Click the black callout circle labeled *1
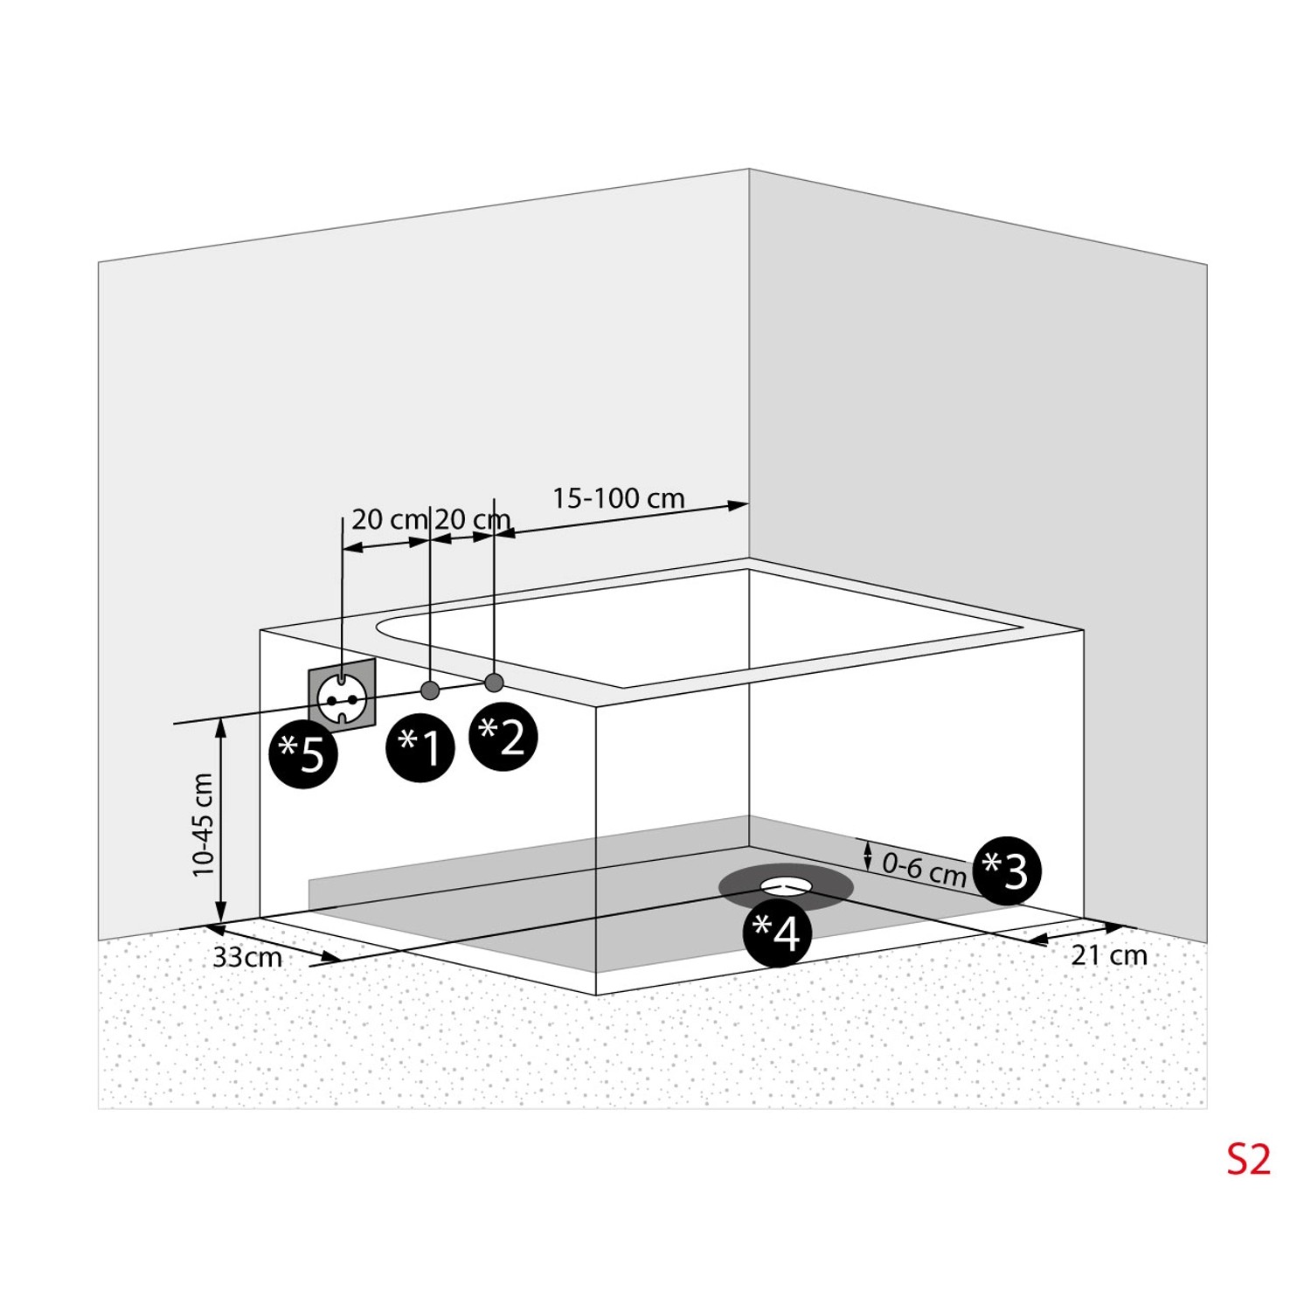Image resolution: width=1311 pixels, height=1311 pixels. tap(420, 748)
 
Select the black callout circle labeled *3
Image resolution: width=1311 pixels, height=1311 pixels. tap(1007, 871)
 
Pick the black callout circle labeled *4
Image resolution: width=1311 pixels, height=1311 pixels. tap(777, 933)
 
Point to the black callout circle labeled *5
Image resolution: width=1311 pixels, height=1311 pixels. tap(303, 755)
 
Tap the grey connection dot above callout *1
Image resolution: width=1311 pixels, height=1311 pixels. tap(429, 690)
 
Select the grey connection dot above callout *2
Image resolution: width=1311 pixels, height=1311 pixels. tap(494, 682)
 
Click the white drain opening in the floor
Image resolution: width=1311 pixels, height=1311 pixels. tap(787, 884)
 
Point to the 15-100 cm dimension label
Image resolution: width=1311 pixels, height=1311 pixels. tap(618, 498)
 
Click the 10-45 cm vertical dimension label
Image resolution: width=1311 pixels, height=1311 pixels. tap(203, 824)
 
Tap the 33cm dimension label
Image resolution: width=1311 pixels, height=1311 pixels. tap(247, 957)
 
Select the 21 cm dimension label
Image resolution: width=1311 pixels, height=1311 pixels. tap(1109, 955)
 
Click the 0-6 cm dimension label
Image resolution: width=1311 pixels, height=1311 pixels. tap(923, 869)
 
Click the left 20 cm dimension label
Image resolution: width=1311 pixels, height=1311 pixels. tap(389, 519)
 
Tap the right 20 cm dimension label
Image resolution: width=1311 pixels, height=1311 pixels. tap(472, 519)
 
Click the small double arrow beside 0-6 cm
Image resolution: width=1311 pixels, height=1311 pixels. tap(868, 856)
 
